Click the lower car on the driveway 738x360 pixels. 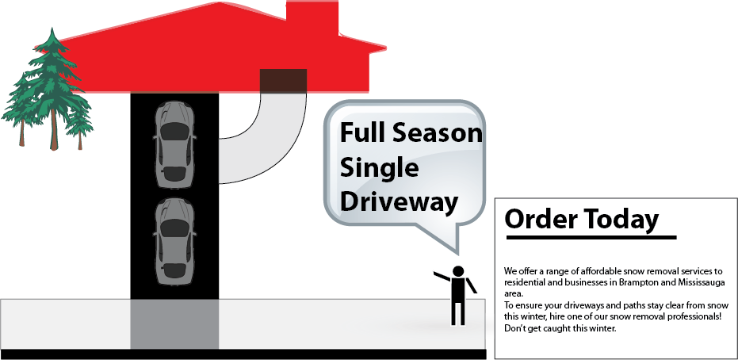(174, 241)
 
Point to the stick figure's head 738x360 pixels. (457, 271)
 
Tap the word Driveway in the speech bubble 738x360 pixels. (399, 202)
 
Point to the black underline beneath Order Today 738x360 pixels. (591, 237)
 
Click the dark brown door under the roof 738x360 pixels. (283, 79)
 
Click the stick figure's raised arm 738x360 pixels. (442, 277)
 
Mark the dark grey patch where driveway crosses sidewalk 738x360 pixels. (174, 324)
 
